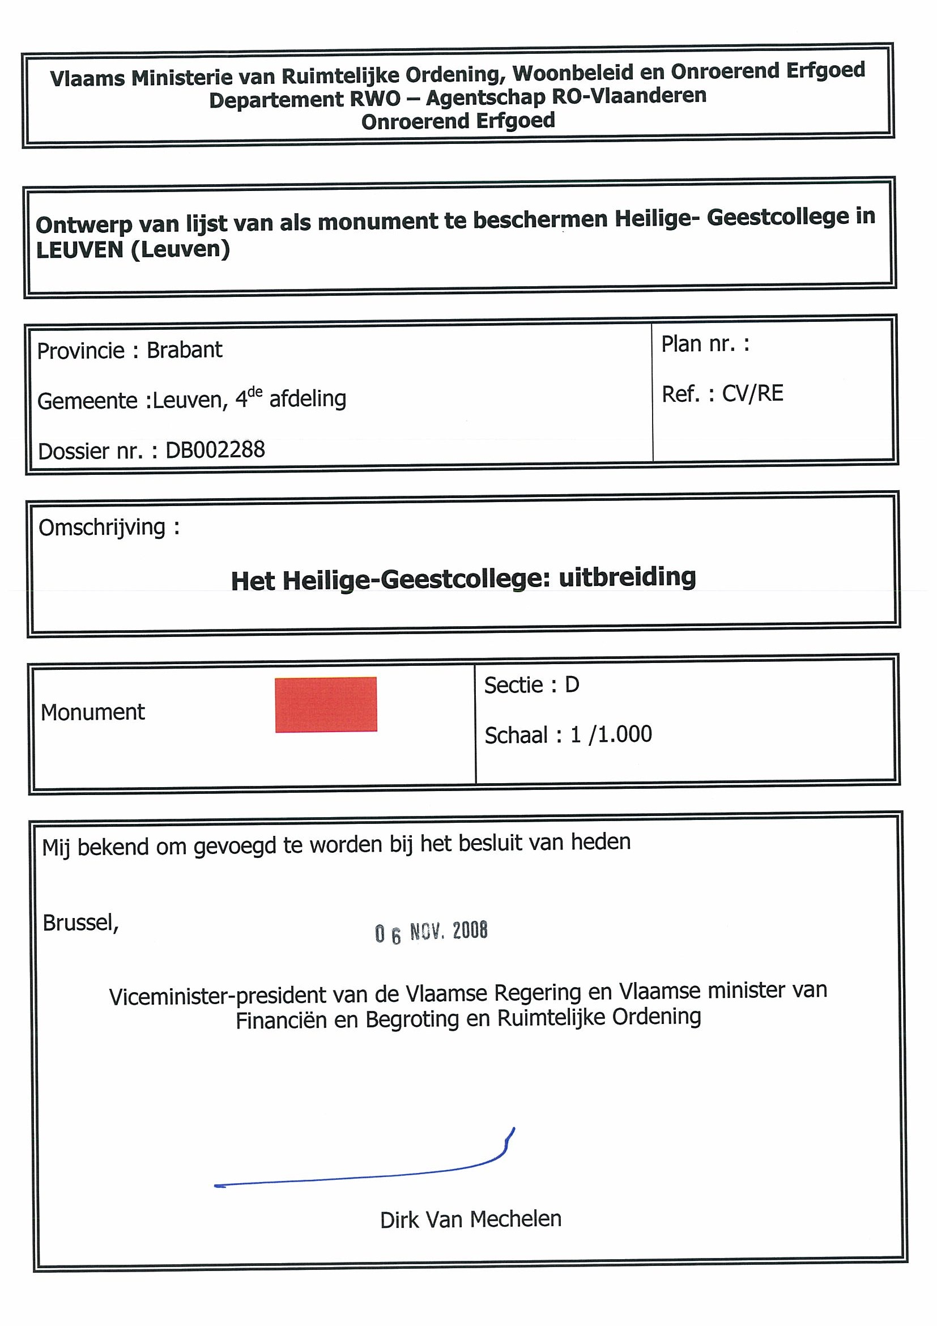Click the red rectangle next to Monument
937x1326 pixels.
(326, 704)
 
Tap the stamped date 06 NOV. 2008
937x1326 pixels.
(431, 932)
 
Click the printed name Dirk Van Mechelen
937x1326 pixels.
(471, 1219)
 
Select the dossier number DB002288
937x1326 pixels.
(215, 450)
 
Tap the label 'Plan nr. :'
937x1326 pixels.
(705, 344)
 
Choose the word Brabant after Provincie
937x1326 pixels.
(184, 350)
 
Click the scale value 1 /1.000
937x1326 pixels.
(611, 734)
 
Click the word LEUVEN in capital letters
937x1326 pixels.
(80, 250)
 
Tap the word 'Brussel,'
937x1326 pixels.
(81, 923)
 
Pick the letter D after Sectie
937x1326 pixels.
(572, 685)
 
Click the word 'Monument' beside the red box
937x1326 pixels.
(92, 713)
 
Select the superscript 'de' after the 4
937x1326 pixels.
(255, 392)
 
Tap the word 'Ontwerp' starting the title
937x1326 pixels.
(84, 224)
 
